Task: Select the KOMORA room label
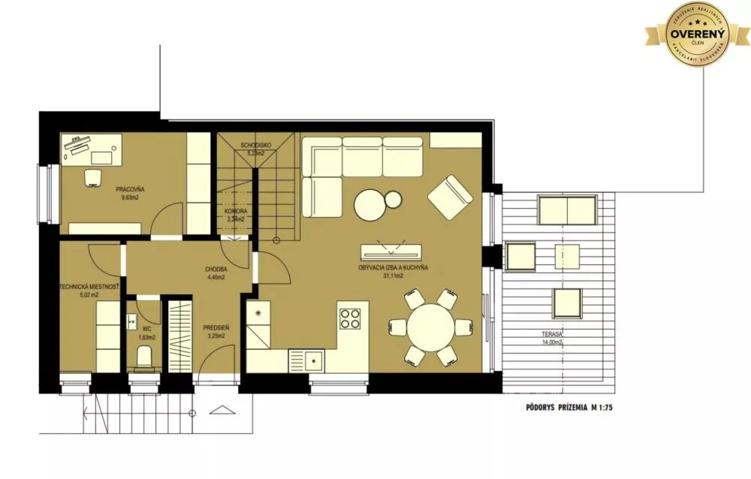pos(236,212)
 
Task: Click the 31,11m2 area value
pos(393,276)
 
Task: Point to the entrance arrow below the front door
pos(222,411)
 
